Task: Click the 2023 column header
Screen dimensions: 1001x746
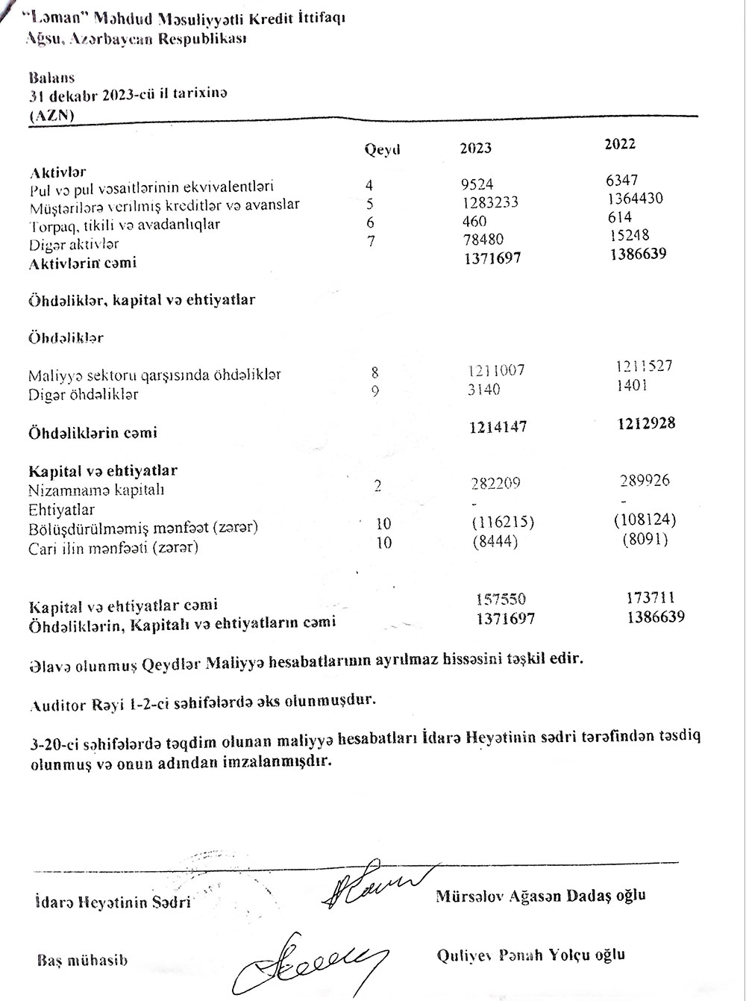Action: click(475, 148)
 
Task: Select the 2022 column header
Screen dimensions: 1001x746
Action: click(620, 144)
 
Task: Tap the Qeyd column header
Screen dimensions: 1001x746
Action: click(382, 149)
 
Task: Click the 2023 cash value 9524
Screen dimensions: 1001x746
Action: click(477, 184)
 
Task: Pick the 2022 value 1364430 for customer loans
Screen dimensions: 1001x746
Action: click(635, 199)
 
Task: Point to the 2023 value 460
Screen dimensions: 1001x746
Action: click(474, 222)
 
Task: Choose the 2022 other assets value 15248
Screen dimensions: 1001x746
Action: click(628, 236)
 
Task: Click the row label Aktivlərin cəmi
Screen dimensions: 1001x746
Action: click(83, 263)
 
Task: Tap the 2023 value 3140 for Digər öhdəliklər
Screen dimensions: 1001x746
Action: click(484, 389)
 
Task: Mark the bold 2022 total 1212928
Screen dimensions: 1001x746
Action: click(646, 423)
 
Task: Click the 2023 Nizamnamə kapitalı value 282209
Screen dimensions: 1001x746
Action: click(489, 483)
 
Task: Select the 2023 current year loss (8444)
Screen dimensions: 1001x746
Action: click(495, 540)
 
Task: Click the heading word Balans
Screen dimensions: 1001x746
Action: click(51, 77)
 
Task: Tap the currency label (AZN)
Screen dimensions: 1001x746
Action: click(51, 116)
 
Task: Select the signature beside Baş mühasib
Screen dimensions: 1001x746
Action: click(313, 958)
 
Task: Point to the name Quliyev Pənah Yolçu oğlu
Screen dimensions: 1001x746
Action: click(532, 955)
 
